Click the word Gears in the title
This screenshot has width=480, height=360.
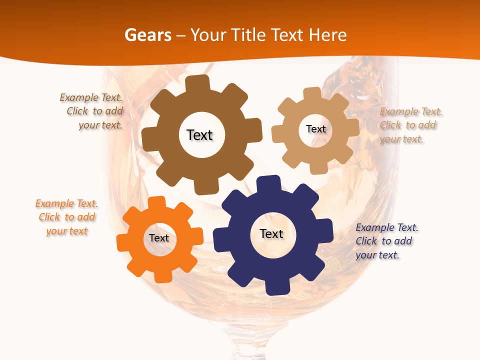[147, 35]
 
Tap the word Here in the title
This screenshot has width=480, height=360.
[328, 35]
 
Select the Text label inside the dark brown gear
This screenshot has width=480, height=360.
[199, 135]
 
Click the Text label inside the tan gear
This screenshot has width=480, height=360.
[315, 129]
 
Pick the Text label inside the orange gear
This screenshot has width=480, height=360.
[159, 238]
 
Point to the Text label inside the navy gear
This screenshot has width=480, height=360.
[271, 233]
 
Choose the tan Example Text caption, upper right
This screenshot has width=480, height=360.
[410, 125]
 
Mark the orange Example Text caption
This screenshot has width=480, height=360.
[67, 217]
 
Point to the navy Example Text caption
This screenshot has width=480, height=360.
[386, 241]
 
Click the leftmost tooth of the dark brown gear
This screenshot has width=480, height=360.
[149, 138]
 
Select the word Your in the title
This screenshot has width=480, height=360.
[207, 35]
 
